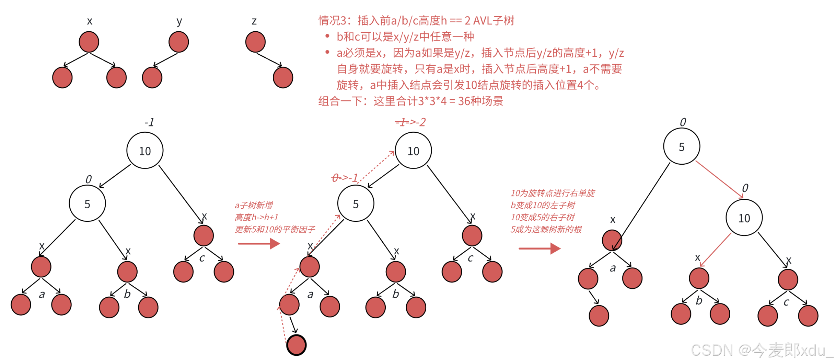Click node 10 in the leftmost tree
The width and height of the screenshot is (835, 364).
145,151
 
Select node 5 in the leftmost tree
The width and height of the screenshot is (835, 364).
87,203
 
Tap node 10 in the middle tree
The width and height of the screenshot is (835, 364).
413,151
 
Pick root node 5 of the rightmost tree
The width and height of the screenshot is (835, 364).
682,146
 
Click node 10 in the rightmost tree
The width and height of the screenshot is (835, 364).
744,218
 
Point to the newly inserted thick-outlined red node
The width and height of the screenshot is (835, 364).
297,345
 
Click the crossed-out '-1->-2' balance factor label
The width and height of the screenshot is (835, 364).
410,122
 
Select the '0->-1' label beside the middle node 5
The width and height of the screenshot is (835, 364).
345,178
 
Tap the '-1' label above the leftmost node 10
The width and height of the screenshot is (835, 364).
149,122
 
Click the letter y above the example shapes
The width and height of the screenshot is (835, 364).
179,21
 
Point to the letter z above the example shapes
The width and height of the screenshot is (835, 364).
254,21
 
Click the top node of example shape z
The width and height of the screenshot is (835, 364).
255,42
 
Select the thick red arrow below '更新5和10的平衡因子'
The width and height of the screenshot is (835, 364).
259,244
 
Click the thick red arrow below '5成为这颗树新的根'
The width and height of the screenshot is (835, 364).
539,248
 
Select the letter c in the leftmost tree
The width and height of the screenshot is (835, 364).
202,258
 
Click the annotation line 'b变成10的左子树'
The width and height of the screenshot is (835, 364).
543,205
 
